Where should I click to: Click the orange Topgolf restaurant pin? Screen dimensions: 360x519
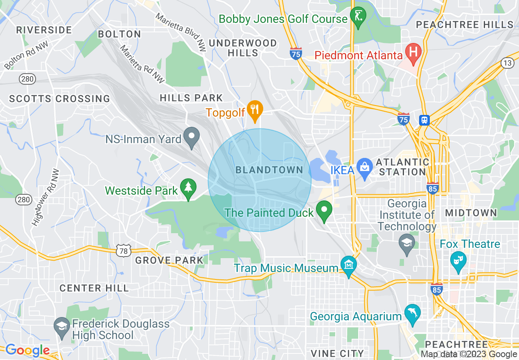click(255, 110)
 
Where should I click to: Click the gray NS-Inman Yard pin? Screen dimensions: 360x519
click(191, 137)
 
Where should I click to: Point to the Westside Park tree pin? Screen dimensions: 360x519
click(188, 189)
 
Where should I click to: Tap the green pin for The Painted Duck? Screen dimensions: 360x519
click(325, 210)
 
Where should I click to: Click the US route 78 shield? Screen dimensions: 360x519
click(123, 250)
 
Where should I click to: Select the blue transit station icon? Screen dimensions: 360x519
click(424, 120)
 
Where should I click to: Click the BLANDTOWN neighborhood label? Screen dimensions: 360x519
click(269, 170)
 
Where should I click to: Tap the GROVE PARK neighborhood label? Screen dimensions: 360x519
click(169, 260)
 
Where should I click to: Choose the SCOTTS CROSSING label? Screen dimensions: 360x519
click(60, 99)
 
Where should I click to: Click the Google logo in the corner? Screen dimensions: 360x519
click(27, 350)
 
